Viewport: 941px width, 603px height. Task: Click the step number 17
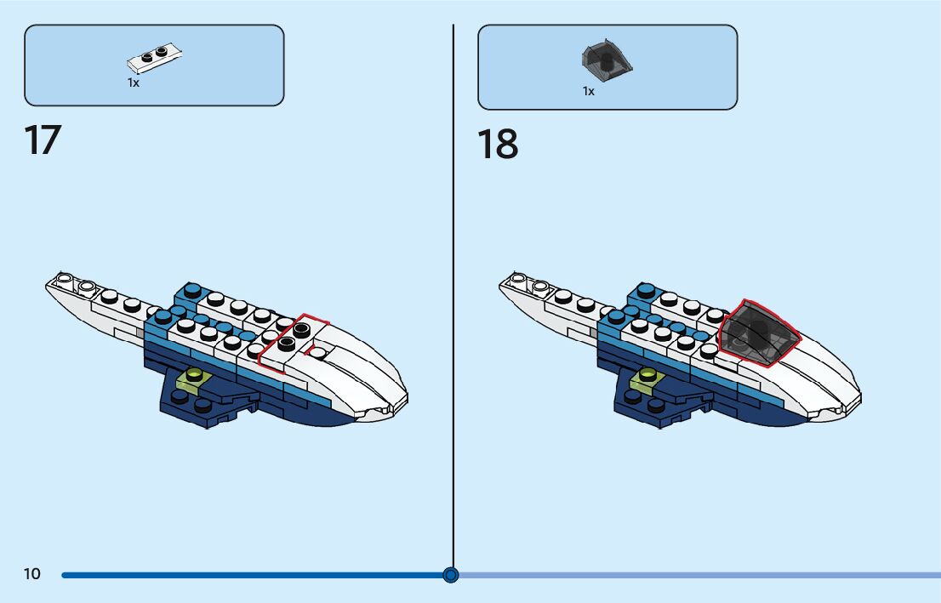point(43,140)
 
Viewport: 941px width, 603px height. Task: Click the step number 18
point(497,145)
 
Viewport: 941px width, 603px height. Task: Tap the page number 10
point(31,574)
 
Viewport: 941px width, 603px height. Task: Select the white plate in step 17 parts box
point(155,58)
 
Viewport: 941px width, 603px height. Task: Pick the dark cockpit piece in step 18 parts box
point(607,58)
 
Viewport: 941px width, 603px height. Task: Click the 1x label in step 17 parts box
point(134,83)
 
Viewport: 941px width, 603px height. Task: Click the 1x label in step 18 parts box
point(588,91)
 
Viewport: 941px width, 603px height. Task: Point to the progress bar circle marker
point(451,575)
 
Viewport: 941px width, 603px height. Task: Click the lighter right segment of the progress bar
point(698,575)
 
